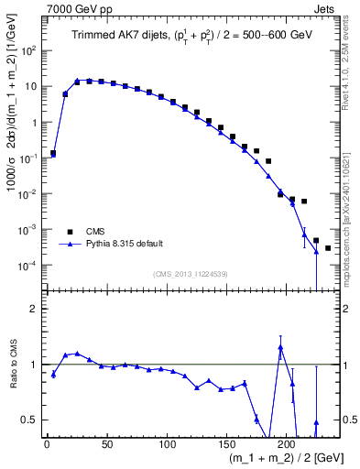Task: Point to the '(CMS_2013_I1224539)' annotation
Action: pyautogui.click(x=191, y=274)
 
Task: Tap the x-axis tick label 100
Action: pyautogui.click(x=167, y=444)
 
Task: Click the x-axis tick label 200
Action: pyautogui.click(x=288, y=444)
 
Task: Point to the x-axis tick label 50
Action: pyautogui.click(x=107, y=444)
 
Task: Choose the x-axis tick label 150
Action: pyautogui.click(x=227, y=444)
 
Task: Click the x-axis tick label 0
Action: pyautogui.click(x=47, y=444)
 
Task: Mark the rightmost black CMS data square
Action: pyautogui.click(x=328, y=248)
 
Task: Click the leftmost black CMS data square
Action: pyautogui.click(x=53, y=153)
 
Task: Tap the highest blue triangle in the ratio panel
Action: pyautogui.click(x=280, y=347)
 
